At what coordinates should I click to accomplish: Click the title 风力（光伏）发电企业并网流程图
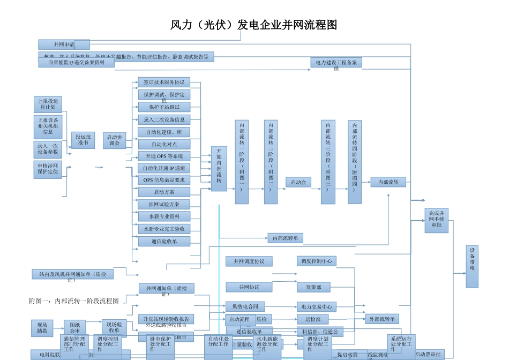tap(253, 25)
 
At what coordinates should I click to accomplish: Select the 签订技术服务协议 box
tap(164, 82)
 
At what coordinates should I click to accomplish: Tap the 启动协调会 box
tap(115, 140)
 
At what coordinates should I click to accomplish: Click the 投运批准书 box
tap(83, 140)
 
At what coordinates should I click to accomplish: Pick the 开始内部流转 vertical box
tap(219, 168)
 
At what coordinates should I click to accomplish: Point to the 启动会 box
tap(298, 182)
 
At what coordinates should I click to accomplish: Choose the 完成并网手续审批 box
tap(436, 220)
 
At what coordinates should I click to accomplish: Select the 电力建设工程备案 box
tap(336, 63)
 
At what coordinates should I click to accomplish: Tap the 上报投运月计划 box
tap(48, 104)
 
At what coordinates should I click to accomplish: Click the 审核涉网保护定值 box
tap(48, 169)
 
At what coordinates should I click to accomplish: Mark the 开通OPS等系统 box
tap(164, 156)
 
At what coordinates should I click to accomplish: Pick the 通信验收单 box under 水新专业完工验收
tap(164, 242)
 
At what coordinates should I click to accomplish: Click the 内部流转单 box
tap(286, 238)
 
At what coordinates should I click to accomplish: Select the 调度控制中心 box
tap(316, 261)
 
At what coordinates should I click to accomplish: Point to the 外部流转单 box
tap(383, 319)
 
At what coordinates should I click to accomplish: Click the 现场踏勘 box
tap(42, 328)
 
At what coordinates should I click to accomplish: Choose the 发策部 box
tap(313, 287)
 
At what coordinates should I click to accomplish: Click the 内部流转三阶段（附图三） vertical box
tap(328, 162)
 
